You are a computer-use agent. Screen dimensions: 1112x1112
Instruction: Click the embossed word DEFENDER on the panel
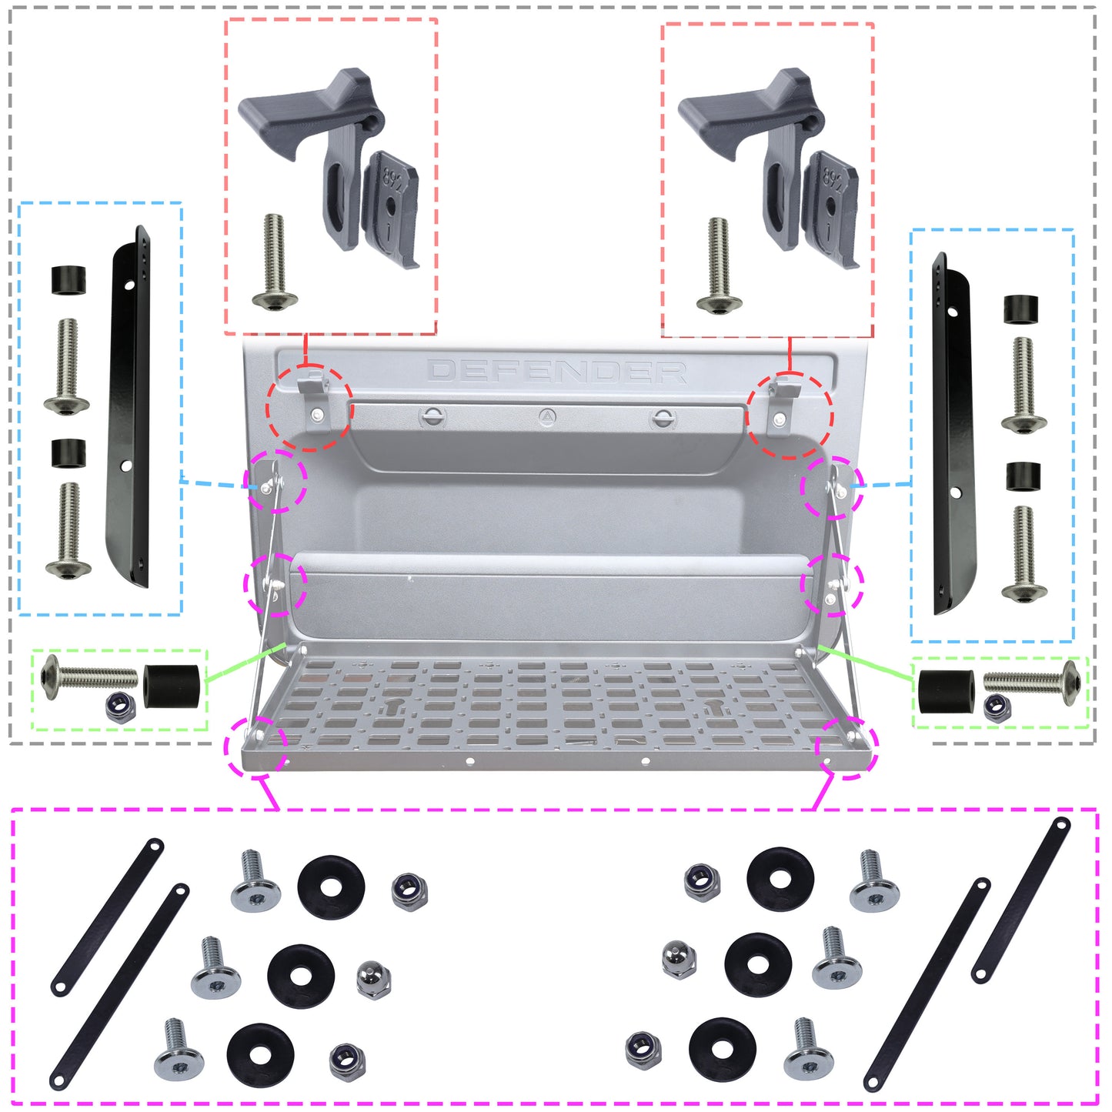[557, 372]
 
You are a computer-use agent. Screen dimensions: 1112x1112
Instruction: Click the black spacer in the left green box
[172, 686]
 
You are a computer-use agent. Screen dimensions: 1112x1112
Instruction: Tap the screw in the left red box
[274, 262]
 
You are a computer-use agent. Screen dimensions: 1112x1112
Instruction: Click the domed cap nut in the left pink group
[374, 979]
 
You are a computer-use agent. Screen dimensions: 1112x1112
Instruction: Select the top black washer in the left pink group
[331, 887]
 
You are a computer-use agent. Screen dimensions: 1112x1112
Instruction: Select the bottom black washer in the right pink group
[722, 1050]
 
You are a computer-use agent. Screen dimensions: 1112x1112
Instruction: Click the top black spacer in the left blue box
[68, 280]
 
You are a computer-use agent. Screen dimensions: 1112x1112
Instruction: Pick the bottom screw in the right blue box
[1024, 554]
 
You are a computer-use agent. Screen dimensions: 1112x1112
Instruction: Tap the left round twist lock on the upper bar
[433, 418]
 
